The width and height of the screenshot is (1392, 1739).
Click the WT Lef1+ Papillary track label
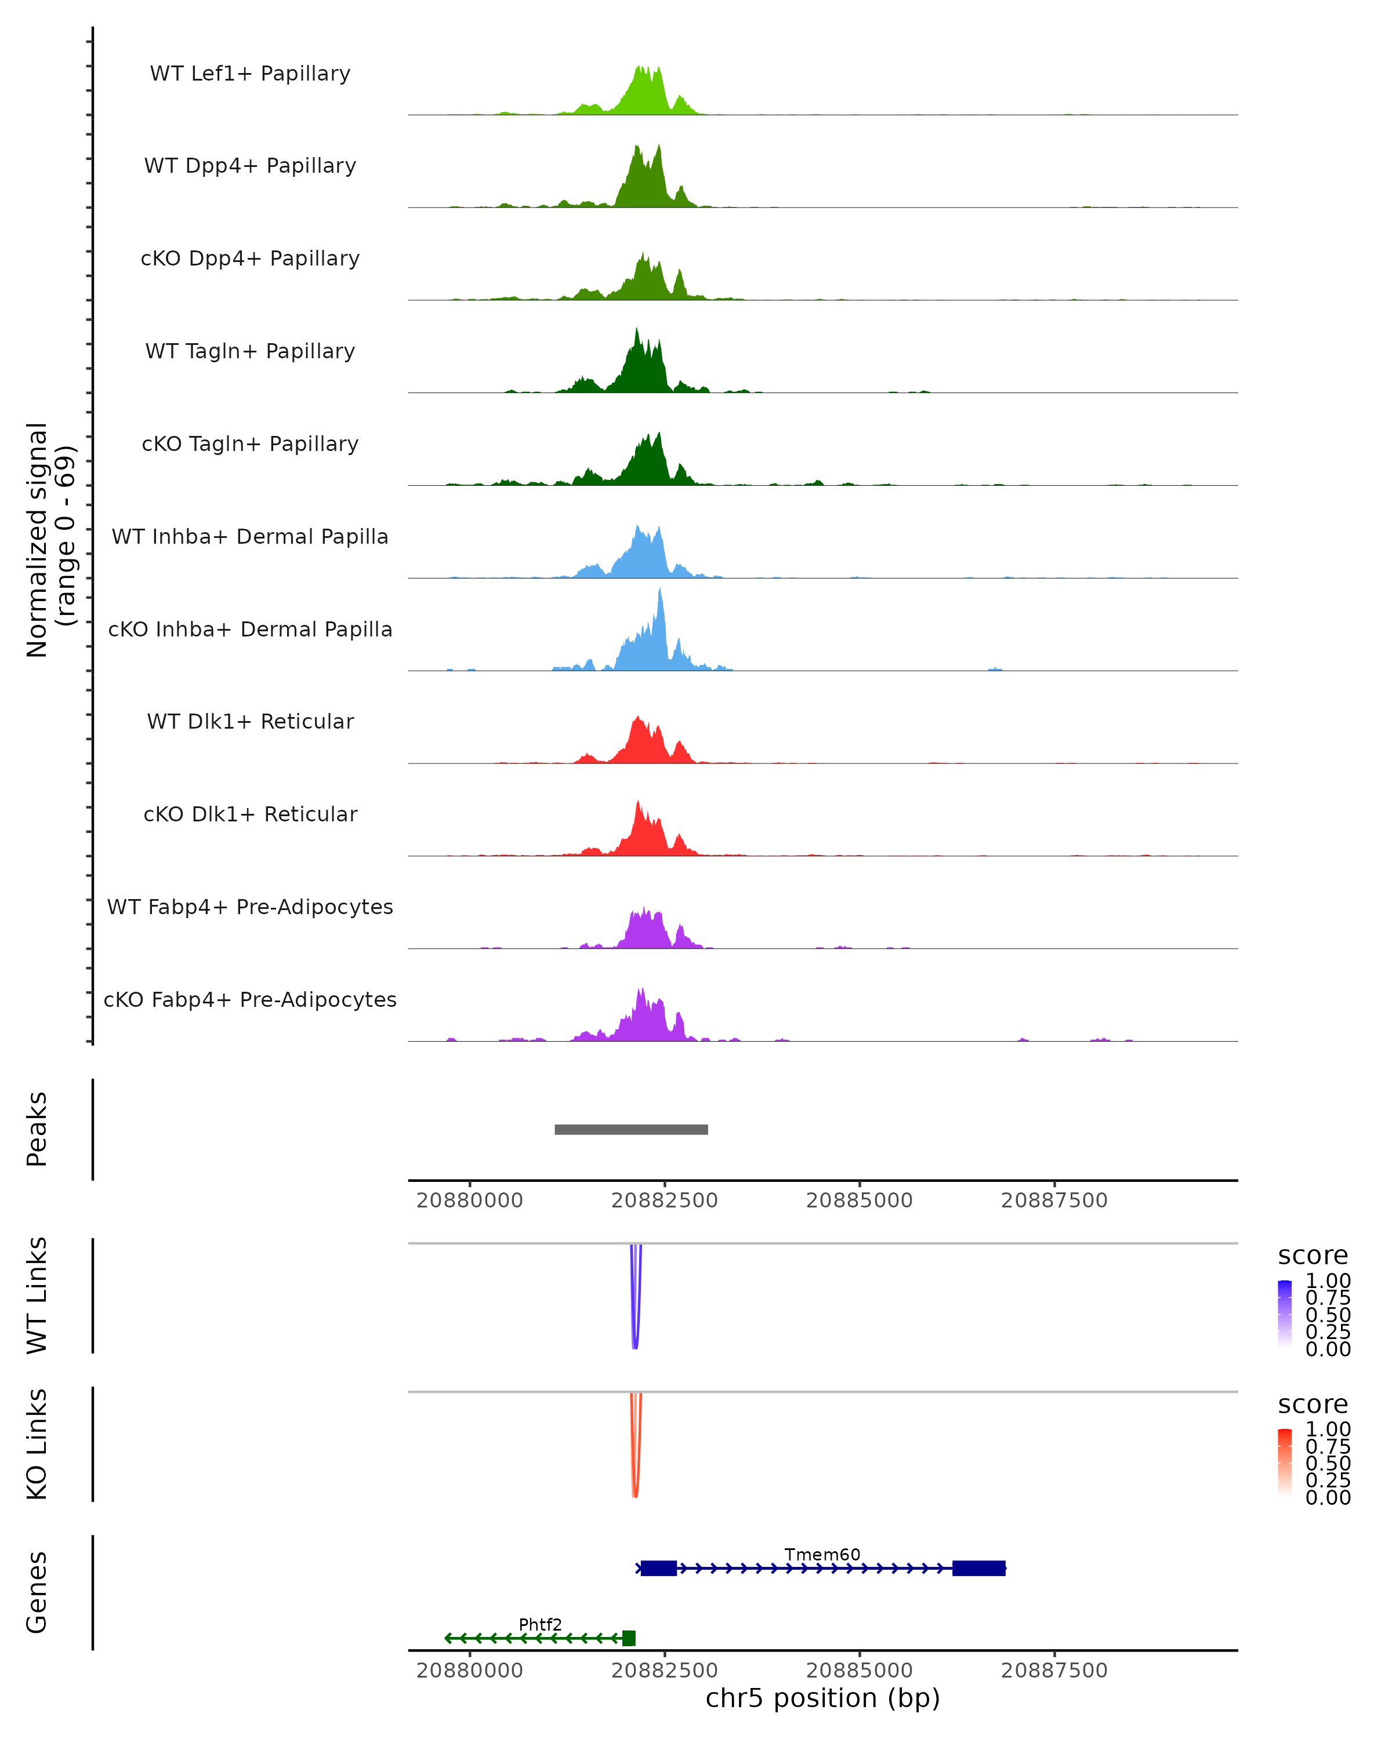point(250,74)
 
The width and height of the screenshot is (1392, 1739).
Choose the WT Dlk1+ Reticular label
point(250,721)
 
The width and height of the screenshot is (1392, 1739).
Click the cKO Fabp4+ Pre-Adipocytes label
point(250,999)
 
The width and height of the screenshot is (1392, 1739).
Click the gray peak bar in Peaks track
point(631,1129)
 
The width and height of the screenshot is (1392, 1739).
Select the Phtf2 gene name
point(540,1624)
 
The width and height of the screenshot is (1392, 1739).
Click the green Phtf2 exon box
point(629,1638)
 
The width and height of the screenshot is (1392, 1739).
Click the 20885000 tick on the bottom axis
point(860,1671)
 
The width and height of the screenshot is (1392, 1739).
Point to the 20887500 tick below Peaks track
point(1054,1200)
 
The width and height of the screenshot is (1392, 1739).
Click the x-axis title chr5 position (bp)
point(822,1698)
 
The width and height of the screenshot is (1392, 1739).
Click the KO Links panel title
point(37,1444)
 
